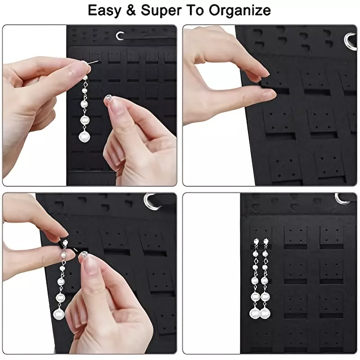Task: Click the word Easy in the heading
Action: [x=104, y=10]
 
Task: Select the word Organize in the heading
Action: [x=240, y=11]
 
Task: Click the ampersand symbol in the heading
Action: [x=130, y=10]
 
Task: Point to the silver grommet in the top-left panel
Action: [x=119, y=36]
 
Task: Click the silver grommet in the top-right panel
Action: [x=350, y=41]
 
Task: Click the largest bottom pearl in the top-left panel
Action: [x=84, y=137]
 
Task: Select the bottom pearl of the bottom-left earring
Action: [x=59, y=314]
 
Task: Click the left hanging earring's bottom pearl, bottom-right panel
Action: [x=255, y=313]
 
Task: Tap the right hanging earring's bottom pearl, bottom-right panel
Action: [x=265, y=313]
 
